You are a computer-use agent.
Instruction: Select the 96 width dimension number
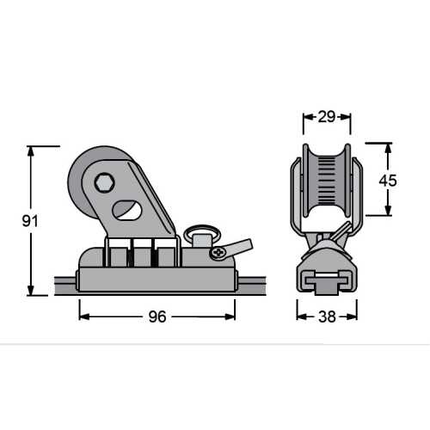[x=156, y=316]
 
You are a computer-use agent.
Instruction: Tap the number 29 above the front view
[x=327, y=115]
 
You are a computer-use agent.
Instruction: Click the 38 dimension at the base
[x=328, y=316]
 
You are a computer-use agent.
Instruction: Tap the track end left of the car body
[x=64, y=282]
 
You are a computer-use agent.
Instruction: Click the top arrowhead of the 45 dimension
[x=390, y=147]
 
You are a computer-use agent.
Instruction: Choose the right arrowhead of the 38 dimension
[x=353, y=316]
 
